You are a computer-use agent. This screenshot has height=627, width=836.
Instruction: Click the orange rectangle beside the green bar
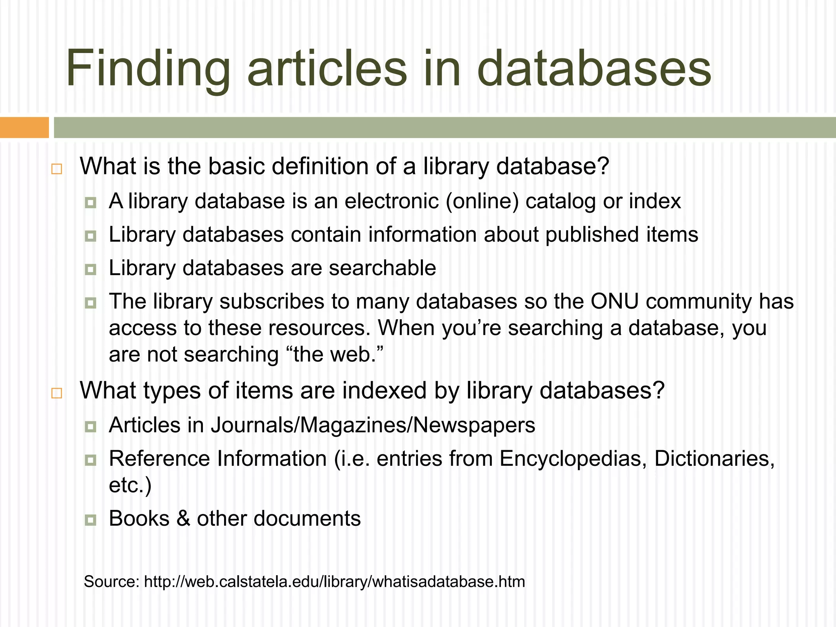click(24, 127)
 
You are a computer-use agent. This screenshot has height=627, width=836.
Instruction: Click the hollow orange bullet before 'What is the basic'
click(57, 169)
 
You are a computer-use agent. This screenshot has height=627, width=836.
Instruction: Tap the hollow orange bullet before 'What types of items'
click(57, 393)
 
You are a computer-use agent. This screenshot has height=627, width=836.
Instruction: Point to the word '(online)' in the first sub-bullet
click(482, 201)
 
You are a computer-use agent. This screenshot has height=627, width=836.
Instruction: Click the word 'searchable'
click(382, 268)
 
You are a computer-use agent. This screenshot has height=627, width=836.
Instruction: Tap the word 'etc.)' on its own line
click(130, 485)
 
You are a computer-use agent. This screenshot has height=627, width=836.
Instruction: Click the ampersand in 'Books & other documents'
click(183, 519)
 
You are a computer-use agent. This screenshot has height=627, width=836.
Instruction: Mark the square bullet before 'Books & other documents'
click(91, 520)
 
